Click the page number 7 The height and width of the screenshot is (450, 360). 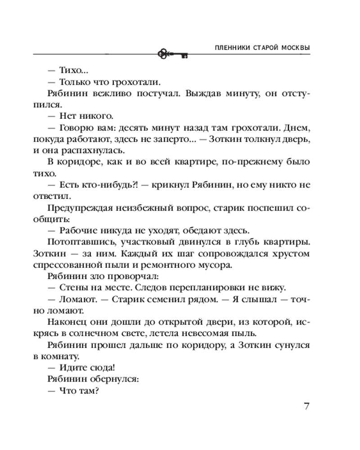(306, 406)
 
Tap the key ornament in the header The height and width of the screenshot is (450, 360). (172, 54)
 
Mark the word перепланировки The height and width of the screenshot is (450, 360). (216, 288)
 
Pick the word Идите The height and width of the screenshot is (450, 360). (71, 369)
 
